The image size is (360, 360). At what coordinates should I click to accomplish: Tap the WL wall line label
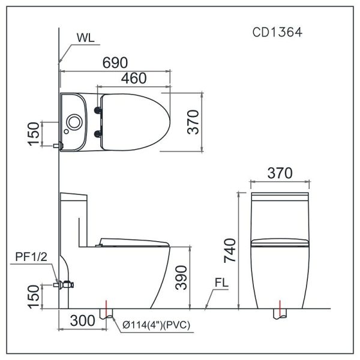85,37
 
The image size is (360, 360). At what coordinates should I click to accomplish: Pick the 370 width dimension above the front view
279,173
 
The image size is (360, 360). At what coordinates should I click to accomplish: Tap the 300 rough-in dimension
82,320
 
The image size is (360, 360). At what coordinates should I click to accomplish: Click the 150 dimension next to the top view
35,134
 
